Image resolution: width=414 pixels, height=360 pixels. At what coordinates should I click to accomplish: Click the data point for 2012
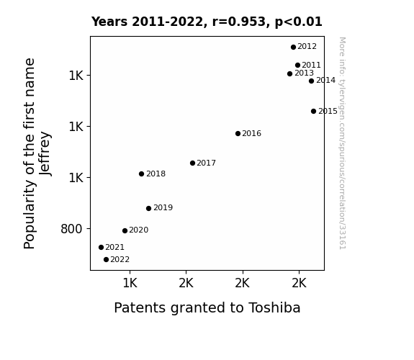pyautogui.click(x=293, y=47)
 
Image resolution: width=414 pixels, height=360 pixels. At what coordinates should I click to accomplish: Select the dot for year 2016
pyautogui.click(x=238, y=134)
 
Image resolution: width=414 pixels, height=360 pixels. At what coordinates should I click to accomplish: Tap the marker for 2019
pyautogui.click(x=148, y=208)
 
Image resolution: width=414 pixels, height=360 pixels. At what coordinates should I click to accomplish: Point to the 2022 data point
pyautogui.click(x=106, y=260)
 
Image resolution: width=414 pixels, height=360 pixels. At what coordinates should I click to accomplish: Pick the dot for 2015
pyautogui.click(x=313, y=111)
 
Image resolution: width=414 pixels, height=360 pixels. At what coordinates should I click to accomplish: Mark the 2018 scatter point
pyautogui.click(x=142, y=174)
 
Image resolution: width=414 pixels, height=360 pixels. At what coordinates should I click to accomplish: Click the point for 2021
pyautogui.click(x=101, y=247)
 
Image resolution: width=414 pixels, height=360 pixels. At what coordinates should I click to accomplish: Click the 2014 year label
pyautogui.click(x=326, y=81)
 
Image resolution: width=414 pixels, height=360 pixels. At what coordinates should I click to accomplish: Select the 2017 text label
pyautogui.click(x=206, y=163)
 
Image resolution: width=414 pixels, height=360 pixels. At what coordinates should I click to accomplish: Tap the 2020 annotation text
pyautogui.click(x=139, y=230)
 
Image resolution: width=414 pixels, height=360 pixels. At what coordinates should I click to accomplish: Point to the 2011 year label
pyautogui.click(x=311, y=65)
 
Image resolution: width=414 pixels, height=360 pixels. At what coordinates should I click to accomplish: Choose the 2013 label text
pyautogui.click(x=304, y=73)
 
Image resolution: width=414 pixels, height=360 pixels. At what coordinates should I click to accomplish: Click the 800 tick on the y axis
pyautogui.click(x=71, y=229)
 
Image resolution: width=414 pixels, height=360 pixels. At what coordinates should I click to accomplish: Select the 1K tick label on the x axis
pyautogui.click(x=130, y=284)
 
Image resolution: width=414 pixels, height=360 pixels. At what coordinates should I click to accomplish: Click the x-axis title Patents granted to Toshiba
pyautogui.click(x=207, y=308)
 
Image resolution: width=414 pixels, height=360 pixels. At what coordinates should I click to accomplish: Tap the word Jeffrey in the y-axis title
pyautogui.click(x=45, y=153)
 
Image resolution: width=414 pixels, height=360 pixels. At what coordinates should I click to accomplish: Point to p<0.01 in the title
pyautogui.click(x=299, y=22)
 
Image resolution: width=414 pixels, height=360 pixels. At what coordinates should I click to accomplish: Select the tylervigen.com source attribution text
pyautogui.click(x=342, y=143)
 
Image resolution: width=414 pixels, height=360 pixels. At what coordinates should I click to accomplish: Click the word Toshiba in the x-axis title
pyautogui.click(x=274, y=307)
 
